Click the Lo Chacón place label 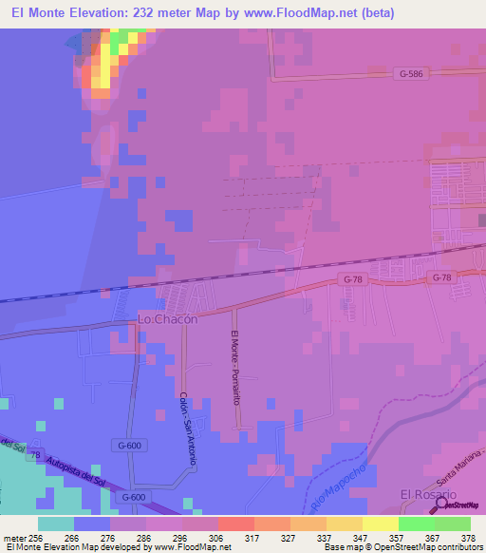coord(167,319)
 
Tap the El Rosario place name coord(428,495)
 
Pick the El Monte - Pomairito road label coord(234,366)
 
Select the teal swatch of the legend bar coord(56,524)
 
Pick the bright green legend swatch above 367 coord(417,524)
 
